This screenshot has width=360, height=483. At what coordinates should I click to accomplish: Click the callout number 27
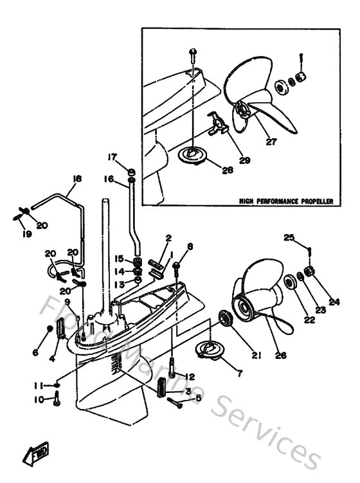[271, 142]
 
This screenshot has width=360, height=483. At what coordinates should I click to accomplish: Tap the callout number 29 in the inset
[244, 160]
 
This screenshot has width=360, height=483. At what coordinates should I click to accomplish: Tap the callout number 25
[289, 237]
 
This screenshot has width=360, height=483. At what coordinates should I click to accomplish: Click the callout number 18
[76, 179]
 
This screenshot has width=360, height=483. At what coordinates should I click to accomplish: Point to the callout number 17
[112, 156]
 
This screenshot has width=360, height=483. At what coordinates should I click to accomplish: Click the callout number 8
[190, 246]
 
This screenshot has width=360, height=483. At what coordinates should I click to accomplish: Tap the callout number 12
[190, 376]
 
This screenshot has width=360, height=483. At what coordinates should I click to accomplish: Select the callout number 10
[40, 400]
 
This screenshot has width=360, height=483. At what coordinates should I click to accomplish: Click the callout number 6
[36, 353]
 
